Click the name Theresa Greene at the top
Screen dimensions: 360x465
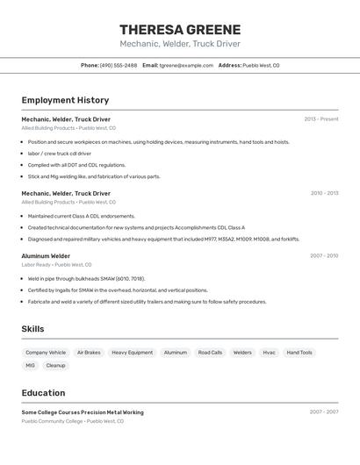click(x=180, y=29)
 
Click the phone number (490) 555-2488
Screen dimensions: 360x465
click(x=119, y=65)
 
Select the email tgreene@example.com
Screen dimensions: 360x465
click(x=186, y=65)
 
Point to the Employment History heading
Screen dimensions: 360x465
click(x=65, y=100)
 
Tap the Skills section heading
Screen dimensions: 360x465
click(x=32, y=329)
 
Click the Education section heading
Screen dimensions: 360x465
click(x=43, y=393)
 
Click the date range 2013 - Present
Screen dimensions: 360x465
click(x=320, y=119)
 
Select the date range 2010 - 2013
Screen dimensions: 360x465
click(x=324, y=193)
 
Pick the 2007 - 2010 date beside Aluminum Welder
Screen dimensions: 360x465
click(x=324, y=256)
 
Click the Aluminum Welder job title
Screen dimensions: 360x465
click(x=46, y=256)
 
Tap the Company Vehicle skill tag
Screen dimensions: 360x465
click(x=46, y=353)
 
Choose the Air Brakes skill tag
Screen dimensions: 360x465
click(x=89, y=353)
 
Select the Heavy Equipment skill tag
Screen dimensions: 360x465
click(x=132, y=353)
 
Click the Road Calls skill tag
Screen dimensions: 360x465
click(x=210, y=353)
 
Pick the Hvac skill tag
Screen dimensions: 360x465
click(x=269, y=353)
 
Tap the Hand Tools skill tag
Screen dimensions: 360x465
click(x=299, y=353)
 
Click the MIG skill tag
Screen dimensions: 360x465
click(x=30, y=365)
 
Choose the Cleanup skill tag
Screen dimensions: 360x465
click(x=55, y=365)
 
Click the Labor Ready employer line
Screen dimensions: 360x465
click(x=56, y=265)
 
